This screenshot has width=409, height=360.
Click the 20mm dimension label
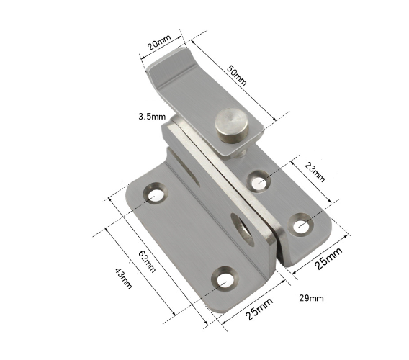[x=159, y=42]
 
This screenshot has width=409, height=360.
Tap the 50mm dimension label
[x=237, y=75]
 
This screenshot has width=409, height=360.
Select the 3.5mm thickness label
[x=152, y=116]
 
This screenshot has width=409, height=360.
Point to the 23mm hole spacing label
[x=315, y=172]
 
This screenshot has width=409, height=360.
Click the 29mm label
[x=311, y=298]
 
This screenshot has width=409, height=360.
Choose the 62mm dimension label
[x=147, y=261]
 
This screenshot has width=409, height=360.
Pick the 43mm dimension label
[x=124, y=279]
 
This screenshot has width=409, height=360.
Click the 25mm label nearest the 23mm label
[x=328, y=258]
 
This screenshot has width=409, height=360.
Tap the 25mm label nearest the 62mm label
[x=259, y=308]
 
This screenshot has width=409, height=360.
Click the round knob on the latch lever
[x=231, y=126]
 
